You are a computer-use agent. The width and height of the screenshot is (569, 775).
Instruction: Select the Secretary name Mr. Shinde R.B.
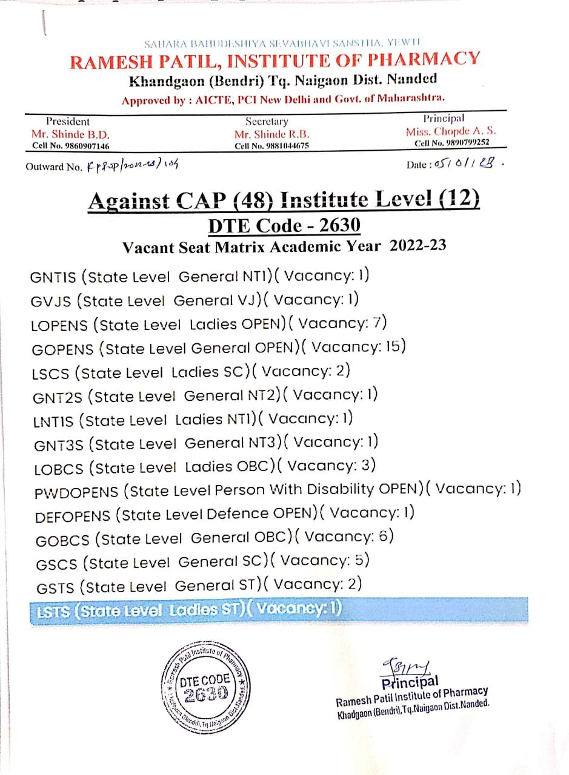(272, 134)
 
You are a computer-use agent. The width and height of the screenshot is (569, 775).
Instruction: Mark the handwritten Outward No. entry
(134, 164)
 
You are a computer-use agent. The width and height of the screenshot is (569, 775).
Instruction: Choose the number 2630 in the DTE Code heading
(339, 225)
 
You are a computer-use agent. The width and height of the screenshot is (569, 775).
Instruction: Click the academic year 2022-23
(418, 246)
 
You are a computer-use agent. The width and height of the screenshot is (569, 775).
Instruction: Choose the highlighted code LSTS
(52, 612)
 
